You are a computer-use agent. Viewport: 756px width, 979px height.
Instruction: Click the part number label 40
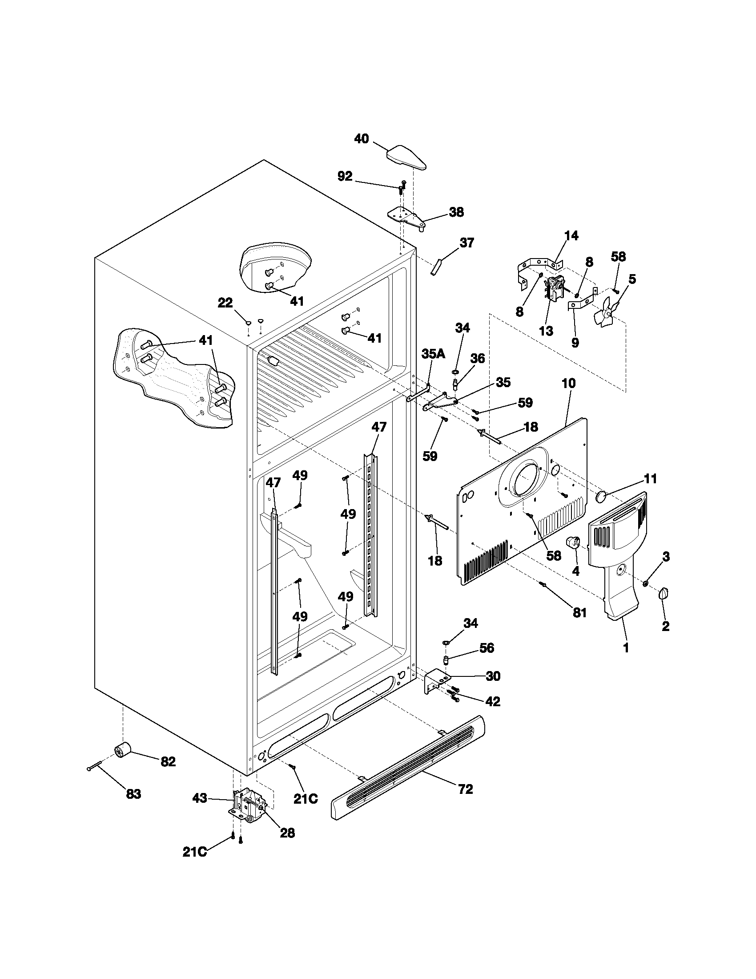pyautogui.click(x=362, y=139)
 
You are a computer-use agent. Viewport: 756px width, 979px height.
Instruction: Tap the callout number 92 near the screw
pyautogui.click(x=345, y=177)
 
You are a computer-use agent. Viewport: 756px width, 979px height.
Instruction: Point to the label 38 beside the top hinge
pyautogui.click(x=456, y=212)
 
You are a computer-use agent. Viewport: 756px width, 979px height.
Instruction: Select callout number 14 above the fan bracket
pyautogui.click(x=571, y=235)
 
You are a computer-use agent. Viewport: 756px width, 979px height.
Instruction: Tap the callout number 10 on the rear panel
pyautogui.click(x=568, y=384)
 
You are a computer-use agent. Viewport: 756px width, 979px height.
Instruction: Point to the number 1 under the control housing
pyautogui.click(x=626, y=647)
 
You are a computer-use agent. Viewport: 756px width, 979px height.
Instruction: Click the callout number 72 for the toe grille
pyautogui.click(x=465, y=789)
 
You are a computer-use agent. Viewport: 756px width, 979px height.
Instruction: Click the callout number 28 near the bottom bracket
pyautogui.click(x=288, y=833)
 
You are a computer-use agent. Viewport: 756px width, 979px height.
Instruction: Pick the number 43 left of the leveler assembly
pyautogui.click(x=200, y=798)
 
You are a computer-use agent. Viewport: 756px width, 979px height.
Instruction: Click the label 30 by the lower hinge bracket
pyautogui.click(x=493, y=676)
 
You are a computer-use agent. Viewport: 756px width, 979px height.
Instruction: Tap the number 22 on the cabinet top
pyautogui.click(x=225, y=303)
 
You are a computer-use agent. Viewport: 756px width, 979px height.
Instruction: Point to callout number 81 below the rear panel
pyautogui.click(x=579, y=612)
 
